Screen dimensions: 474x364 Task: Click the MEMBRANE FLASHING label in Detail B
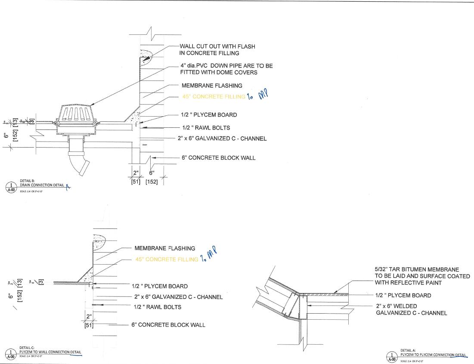coord(212,86)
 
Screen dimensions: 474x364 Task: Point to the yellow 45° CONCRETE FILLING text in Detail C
coord(167,259)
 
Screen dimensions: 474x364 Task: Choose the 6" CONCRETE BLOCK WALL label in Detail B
coord(218,158)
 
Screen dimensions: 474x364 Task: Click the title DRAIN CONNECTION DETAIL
coord(42,185)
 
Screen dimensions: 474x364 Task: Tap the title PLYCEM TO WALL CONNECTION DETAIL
coord(50,352)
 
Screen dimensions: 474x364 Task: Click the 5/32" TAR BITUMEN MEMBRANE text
coord(417,269)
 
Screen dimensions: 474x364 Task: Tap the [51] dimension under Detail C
coord(88,325)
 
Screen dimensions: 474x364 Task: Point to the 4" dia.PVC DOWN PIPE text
coord(226,66)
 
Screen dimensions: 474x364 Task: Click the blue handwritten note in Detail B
coord(258,96)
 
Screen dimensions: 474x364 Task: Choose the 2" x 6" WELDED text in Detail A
coord(397,306)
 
